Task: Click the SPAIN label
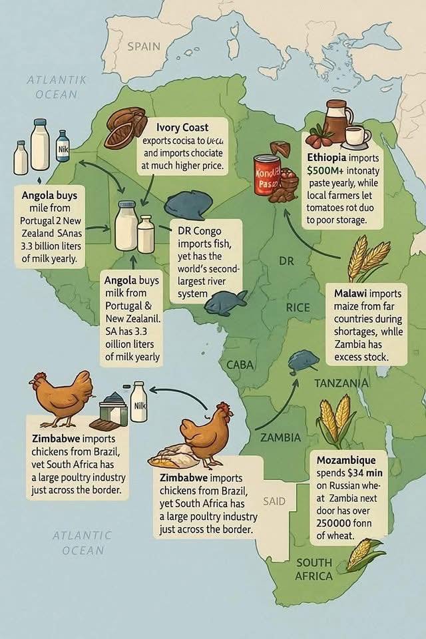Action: (144, 46)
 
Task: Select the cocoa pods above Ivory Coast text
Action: (126, 127)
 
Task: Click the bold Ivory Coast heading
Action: (182, 127)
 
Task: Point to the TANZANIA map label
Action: (341, 383)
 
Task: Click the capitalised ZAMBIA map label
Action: (280, 438)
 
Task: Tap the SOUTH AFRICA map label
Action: (314, 569)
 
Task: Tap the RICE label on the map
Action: (298, 308)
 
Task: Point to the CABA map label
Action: (240, 365)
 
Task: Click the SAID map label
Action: (274, 501)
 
